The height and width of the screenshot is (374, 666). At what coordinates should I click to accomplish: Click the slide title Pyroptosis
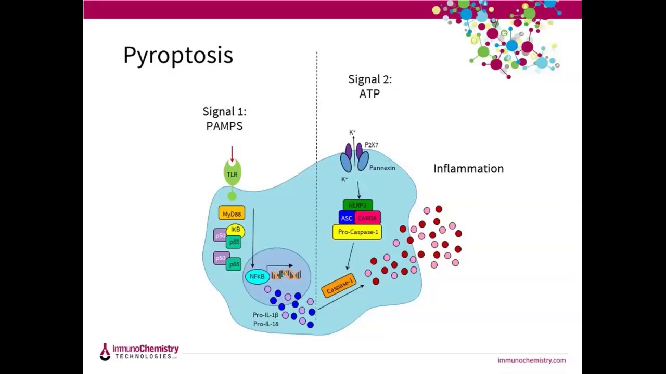(x=178, y=56)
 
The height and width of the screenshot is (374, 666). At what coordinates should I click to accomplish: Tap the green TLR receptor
(x=232, y=174)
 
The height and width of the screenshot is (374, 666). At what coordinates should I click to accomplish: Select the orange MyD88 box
(x=232, y=213)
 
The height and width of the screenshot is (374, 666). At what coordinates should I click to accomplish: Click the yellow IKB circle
(x=236, y=229)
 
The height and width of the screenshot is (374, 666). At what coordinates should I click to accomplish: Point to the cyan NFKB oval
(x=257, y=276)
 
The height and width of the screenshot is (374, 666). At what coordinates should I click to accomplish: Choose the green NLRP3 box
(x=357, y=205)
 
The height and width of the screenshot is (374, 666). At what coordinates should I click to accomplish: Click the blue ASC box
(x=347, y=218)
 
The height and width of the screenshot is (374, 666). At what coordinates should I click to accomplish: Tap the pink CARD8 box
(x=367, y=218)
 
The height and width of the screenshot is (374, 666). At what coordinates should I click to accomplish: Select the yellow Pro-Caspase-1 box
(x=357, y=232)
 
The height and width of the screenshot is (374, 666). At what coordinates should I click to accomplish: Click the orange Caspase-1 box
(x=339, y=286)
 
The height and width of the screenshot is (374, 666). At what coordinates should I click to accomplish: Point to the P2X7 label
(x=372, y=145)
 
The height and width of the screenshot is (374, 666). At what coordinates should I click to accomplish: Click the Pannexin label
(x=382, y=168)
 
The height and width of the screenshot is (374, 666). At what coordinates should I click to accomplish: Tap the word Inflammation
(x=468, y=169)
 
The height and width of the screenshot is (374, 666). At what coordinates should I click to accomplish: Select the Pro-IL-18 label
(x=265, y=324)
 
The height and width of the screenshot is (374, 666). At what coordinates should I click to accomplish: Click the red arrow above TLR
(x=232, y=154)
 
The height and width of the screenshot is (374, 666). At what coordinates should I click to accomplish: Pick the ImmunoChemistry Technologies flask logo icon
(x=105, y=352)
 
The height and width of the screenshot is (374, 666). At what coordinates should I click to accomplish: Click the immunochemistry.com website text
(x=531, y=360)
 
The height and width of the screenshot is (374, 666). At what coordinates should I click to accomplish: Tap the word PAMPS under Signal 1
(x=224, y=126)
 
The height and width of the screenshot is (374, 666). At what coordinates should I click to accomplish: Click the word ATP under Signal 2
(x=369, y=94)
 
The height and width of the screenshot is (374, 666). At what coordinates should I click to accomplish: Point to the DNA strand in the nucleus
(x=286, y=274)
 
